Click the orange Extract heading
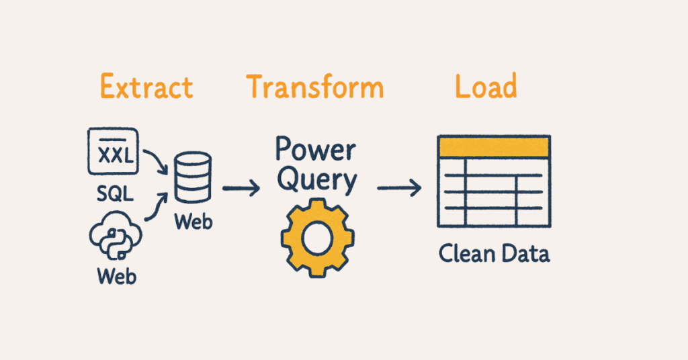(x=146, y=88)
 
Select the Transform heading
(x=314, y=88)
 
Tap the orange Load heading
(x=486, y=88)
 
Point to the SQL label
(x=114, y=194)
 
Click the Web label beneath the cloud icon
(x=116, y=275)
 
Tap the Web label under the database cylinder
(x=193, y=222)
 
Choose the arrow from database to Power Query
(x=241, y=189)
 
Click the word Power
(x=315, y=150)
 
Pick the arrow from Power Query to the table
(x=400, y=189)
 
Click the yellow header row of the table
(x=494, y=146)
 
